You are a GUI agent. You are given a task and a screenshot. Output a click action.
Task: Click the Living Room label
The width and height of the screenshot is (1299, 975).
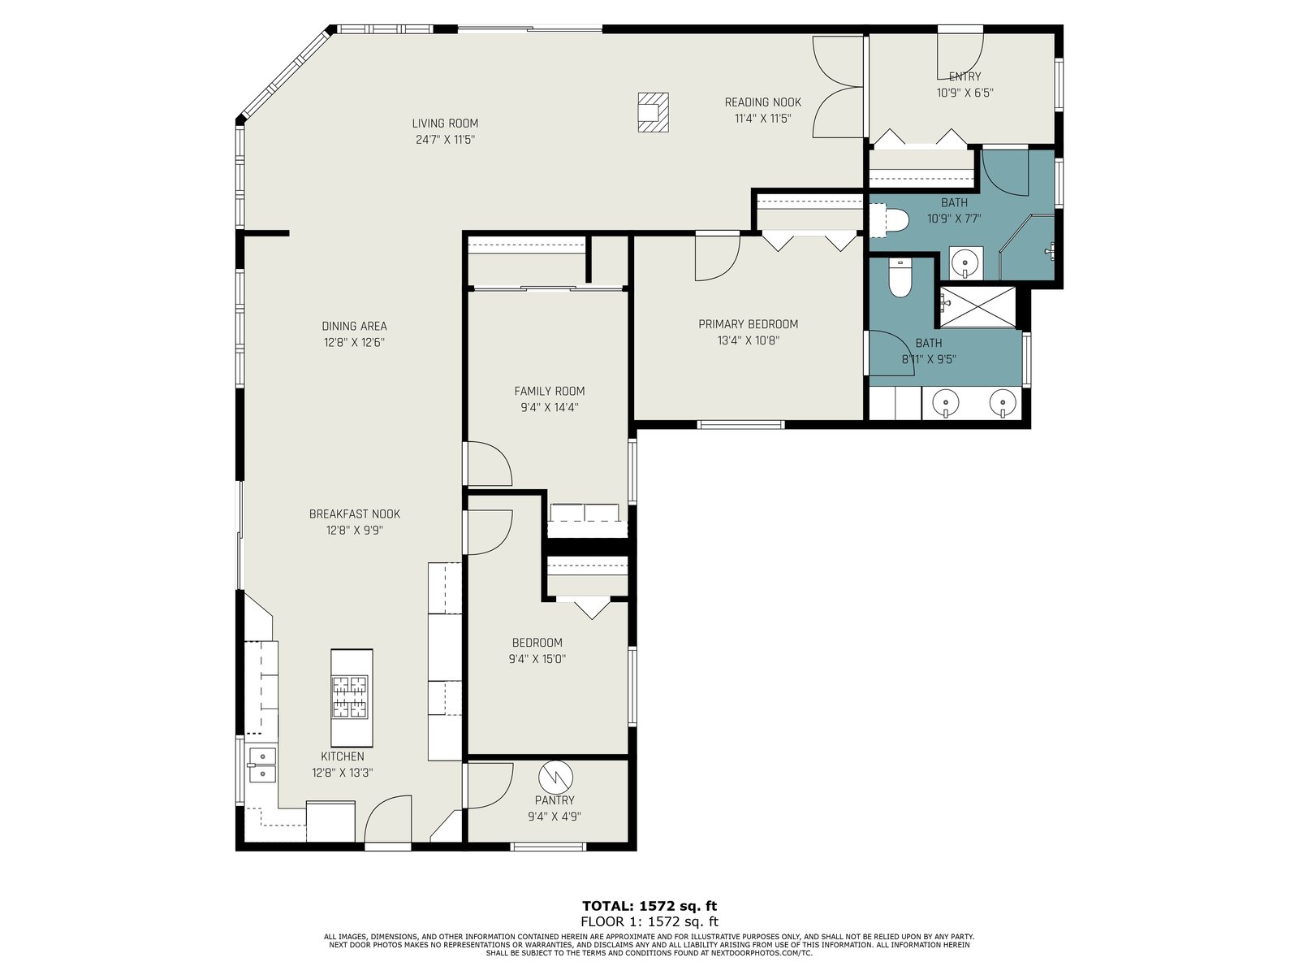tap(445, 123)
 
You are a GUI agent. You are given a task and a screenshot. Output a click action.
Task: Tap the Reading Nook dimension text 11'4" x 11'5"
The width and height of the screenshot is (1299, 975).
tap(763, 119)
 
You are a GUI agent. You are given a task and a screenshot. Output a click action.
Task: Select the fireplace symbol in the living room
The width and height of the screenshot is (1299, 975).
tap(653, 112)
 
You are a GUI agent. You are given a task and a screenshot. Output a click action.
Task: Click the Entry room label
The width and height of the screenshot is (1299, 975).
tap(965, 76)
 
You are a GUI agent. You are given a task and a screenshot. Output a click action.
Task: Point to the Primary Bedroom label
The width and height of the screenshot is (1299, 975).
tap(748, 324)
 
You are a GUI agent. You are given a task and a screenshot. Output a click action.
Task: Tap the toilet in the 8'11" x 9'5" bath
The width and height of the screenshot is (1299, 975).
tap(900, 278)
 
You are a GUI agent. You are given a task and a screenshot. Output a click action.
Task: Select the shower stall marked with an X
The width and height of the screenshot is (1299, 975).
tap(977, 306)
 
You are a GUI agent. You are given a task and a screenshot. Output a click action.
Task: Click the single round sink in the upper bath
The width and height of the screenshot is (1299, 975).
tap(966, 262)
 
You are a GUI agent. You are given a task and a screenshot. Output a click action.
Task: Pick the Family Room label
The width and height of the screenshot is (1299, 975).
tap(549, 392)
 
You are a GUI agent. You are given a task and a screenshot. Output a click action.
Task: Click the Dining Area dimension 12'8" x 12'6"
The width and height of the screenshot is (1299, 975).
tap(354, 343)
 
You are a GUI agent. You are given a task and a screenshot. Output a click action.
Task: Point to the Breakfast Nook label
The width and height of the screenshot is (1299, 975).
tap(355, 514)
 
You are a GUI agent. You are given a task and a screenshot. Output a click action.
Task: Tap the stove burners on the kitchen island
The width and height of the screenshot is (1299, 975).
tap(351, 697)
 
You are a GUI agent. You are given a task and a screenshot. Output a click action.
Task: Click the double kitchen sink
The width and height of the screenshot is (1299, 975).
tap(262, 765)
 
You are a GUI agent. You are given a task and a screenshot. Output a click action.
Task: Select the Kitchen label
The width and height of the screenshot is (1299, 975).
tap(342, 756)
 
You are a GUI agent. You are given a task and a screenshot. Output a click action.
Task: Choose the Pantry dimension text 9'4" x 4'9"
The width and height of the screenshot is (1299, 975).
tap(555, 817)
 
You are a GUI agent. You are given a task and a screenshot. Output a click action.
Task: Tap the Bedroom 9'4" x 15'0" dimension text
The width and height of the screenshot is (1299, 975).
tap(537, 660)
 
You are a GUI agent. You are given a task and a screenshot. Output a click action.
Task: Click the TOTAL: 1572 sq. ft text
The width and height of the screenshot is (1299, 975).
tap(649, 906)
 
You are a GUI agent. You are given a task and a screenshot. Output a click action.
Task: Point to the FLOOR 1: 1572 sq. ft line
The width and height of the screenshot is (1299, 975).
tap(649, 921)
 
